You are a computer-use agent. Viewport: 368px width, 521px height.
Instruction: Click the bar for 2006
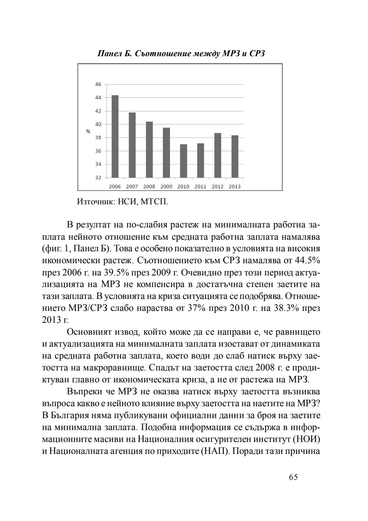115,137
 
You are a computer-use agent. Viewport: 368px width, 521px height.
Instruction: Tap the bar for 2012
218,155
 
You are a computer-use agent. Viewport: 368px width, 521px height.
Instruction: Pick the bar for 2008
149,149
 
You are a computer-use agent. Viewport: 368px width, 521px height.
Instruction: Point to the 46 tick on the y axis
98,84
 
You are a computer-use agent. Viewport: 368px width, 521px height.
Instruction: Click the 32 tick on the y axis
98,178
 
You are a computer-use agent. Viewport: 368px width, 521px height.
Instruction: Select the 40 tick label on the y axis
98,124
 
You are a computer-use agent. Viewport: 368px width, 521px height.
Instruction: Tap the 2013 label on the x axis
235,187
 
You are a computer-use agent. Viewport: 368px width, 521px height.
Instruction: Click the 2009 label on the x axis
166,187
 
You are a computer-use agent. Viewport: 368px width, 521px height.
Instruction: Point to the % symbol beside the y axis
88,131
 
